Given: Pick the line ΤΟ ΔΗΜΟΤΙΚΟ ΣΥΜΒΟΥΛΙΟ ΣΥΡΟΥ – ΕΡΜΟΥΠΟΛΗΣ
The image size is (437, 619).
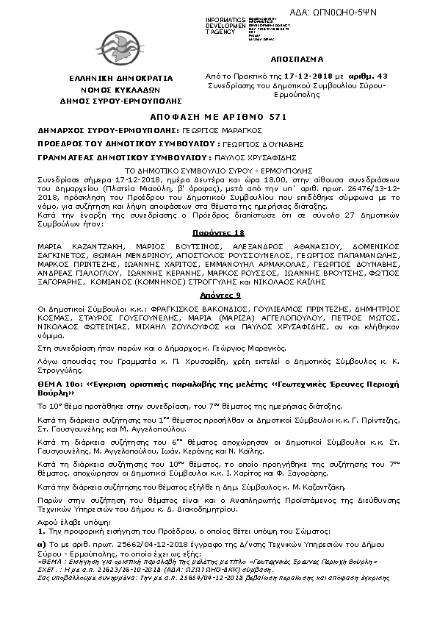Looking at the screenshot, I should [x=219, y=168].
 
